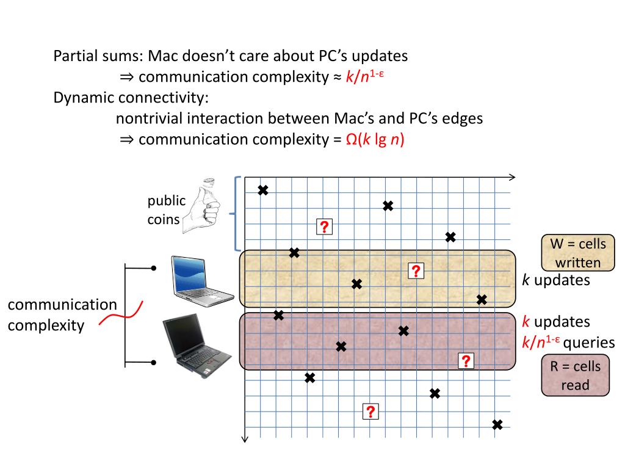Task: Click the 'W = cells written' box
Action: (577, 253)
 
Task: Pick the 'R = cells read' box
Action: (576, 375)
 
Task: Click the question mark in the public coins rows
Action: (324, 227)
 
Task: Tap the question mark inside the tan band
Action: (416, 271)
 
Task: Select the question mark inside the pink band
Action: (466, 361)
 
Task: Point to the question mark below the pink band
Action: (370, 412)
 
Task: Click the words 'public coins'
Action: (165, 209)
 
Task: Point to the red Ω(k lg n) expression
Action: (375, 139)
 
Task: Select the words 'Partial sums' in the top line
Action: (97, 56)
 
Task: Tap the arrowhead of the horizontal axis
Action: (511, 178)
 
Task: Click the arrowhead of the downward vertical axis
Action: (245, 437)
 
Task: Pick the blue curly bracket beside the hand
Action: (234, 214)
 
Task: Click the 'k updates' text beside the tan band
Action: (556, 280)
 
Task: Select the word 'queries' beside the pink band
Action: (588, 343)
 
